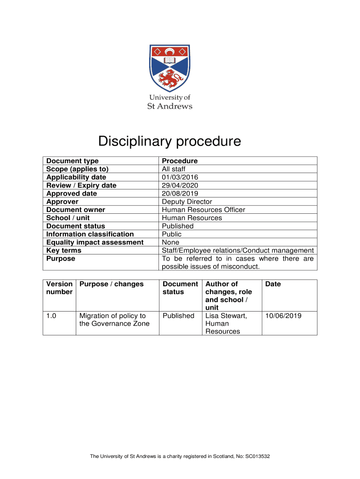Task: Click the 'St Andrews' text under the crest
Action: tap(170, 106)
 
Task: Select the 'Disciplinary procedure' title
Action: tap(169, 141)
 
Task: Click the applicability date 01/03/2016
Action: tap(180, 177)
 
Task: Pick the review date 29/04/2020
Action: tap(180, 185)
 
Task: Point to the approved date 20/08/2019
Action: tap(180, 194)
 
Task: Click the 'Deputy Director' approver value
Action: tap(187, 202)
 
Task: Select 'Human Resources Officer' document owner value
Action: tap(203, 210)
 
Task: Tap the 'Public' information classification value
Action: tap(172, 234)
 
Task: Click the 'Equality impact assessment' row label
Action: tap(95, 242)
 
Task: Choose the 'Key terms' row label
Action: tap(64, 251)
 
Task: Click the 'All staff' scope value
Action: tap(173, 169)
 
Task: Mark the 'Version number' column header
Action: tap(59, 288)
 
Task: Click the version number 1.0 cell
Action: tap(51, 316)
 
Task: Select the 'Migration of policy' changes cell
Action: tap(113, 319)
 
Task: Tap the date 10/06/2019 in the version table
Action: tap(283, 316)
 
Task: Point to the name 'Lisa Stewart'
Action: tap(226, 316)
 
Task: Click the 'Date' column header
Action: tap(273, 284)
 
